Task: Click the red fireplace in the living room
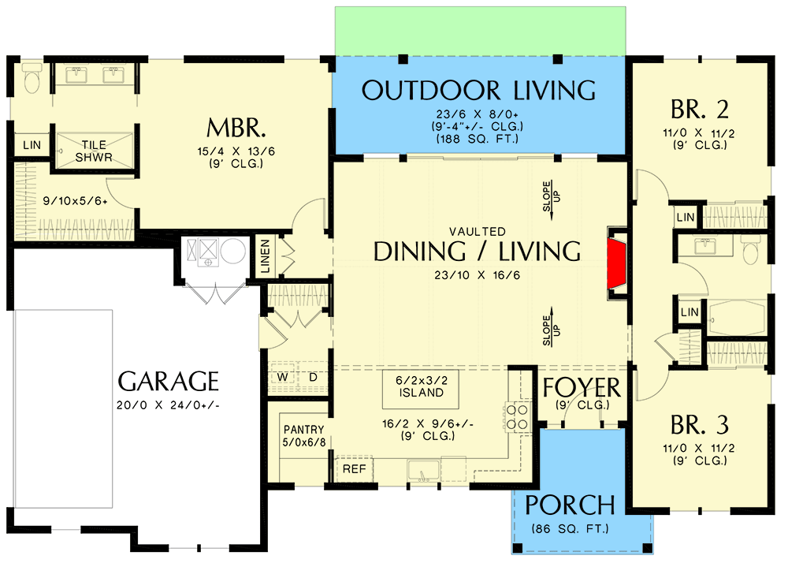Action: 617,263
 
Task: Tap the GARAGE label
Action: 168,382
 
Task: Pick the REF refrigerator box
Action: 353,468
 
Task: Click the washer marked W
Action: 281,378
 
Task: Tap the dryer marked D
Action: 312,378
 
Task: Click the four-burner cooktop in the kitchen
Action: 516,416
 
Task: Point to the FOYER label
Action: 582,388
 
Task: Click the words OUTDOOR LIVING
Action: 478,90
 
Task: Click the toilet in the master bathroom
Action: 32,79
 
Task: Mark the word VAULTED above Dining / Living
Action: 478,232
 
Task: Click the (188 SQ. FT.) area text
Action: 478,139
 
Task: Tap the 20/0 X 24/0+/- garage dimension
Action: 168,405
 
